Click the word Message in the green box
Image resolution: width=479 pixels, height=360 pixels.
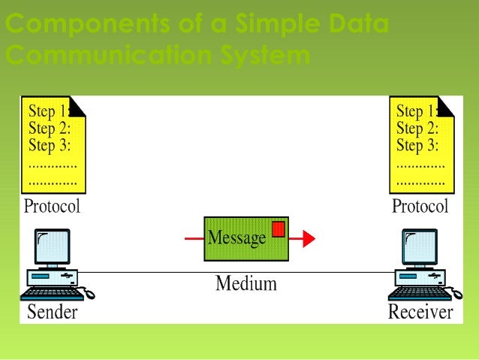[236, 238]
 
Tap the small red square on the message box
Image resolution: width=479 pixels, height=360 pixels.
[278, 228]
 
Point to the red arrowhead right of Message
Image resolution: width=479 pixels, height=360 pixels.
[308, 239]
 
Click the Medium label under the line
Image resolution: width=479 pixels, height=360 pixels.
[246, 283]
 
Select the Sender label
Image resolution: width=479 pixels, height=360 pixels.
[52, 311]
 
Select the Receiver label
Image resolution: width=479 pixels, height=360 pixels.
[420, 311]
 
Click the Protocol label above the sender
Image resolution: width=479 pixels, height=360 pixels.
[52, 205]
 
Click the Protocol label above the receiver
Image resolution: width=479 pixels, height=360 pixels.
[420, 205]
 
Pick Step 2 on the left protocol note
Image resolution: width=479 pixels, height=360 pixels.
[50, 128]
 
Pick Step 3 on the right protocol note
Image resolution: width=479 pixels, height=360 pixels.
[417, 144]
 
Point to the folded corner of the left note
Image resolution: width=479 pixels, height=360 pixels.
[77, 106]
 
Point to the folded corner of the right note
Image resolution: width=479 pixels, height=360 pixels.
[446, 106]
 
